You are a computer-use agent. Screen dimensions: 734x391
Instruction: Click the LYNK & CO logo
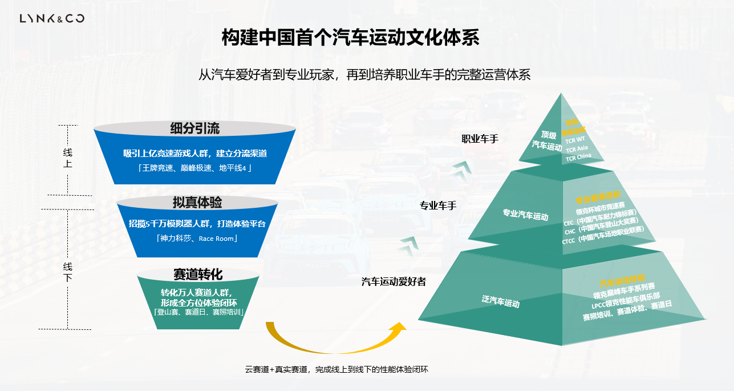pos(52,19)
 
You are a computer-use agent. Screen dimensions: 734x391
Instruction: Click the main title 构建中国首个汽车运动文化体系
pos(350,38)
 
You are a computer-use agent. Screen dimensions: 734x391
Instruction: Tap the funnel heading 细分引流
pos(195,128)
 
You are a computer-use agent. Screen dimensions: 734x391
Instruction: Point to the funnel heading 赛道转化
pos(198,275)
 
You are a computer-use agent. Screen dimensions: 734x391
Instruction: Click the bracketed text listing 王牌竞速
pos(195,168)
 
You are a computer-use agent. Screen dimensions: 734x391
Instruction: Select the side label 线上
pos(67,159)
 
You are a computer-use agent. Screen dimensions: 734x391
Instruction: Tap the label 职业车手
pos(480,139)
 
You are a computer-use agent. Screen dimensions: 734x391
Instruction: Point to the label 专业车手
pos(438,206)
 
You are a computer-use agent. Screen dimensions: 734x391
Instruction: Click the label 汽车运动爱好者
pos(394,281)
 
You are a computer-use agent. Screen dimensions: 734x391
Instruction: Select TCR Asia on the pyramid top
pos(577,148)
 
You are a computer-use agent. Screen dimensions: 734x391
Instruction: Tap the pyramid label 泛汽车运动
pos(500,301)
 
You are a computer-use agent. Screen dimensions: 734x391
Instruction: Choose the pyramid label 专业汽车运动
pos(525,215)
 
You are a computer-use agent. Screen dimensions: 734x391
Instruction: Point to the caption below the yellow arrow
pos(336,369)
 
